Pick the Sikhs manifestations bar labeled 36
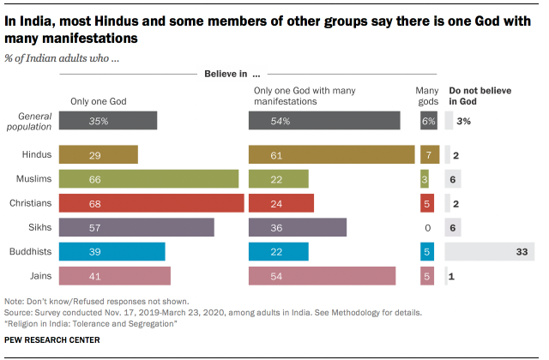(297, 227)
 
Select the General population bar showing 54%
(323, 121)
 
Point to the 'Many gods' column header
(428, 95)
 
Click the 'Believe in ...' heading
(231, 75)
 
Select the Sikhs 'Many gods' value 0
(427, 227)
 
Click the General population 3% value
(464, 121)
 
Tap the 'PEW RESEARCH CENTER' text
(51, 340)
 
